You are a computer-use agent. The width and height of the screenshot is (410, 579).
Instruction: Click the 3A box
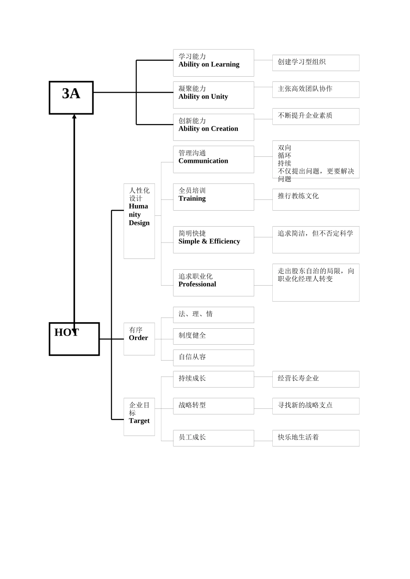pos(71,98)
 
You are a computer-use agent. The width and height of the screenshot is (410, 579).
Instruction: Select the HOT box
pos(74,339)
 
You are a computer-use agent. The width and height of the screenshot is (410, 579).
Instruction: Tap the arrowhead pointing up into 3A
pos(74,116)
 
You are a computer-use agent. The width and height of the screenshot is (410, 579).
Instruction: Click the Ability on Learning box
pos(213,63)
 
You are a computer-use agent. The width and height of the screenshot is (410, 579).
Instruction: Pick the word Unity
pos(219,96)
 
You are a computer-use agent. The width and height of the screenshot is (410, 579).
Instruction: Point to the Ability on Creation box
pos(213,127)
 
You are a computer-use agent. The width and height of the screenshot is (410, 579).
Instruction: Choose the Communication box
pos(213,159)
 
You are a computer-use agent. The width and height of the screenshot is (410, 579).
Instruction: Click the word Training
pos(192,199)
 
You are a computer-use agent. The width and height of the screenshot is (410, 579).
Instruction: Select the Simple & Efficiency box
pos(213,240)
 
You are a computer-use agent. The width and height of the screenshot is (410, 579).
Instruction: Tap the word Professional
pos(197,284)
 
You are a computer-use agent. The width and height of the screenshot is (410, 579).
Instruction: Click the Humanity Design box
pos(139,221)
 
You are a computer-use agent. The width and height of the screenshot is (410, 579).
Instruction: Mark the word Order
pos(138,338)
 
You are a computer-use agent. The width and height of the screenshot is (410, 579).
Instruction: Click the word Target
pos(139,421)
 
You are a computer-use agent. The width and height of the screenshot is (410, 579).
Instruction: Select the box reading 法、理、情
pos(213,315)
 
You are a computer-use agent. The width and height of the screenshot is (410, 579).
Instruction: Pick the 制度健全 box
pos(213,336)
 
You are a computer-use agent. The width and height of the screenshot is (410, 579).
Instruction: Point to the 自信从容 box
pos(213,358)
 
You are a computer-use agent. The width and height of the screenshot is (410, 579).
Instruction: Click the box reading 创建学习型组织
pos(315,63)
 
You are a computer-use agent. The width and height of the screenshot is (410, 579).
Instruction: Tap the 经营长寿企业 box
pos(315,379)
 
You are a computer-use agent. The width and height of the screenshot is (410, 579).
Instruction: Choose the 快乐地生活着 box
pos(315,438)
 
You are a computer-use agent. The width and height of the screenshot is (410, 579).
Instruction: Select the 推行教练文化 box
pos(315,199)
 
